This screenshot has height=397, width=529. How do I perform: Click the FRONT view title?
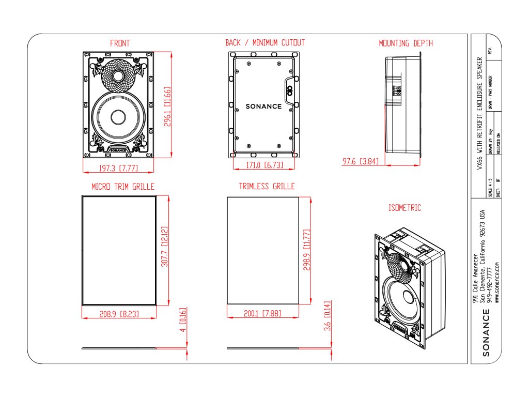pos(119,43)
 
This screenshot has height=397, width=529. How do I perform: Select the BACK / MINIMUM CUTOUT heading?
pos(265,43)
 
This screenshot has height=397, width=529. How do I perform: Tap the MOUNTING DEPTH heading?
pos(406,43)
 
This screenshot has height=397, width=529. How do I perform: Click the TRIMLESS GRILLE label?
pos(267,186)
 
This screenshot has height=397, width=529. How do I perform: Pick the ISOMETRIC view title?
pos(404,208)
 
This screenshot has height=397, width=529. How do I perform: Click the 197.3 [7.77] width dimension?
pos(118,167)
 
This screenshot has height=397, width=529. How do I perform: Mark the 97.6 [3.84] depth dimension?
pos(361,162)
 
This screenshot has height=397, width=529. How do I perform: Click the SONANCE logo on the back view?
pos(263,106)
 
